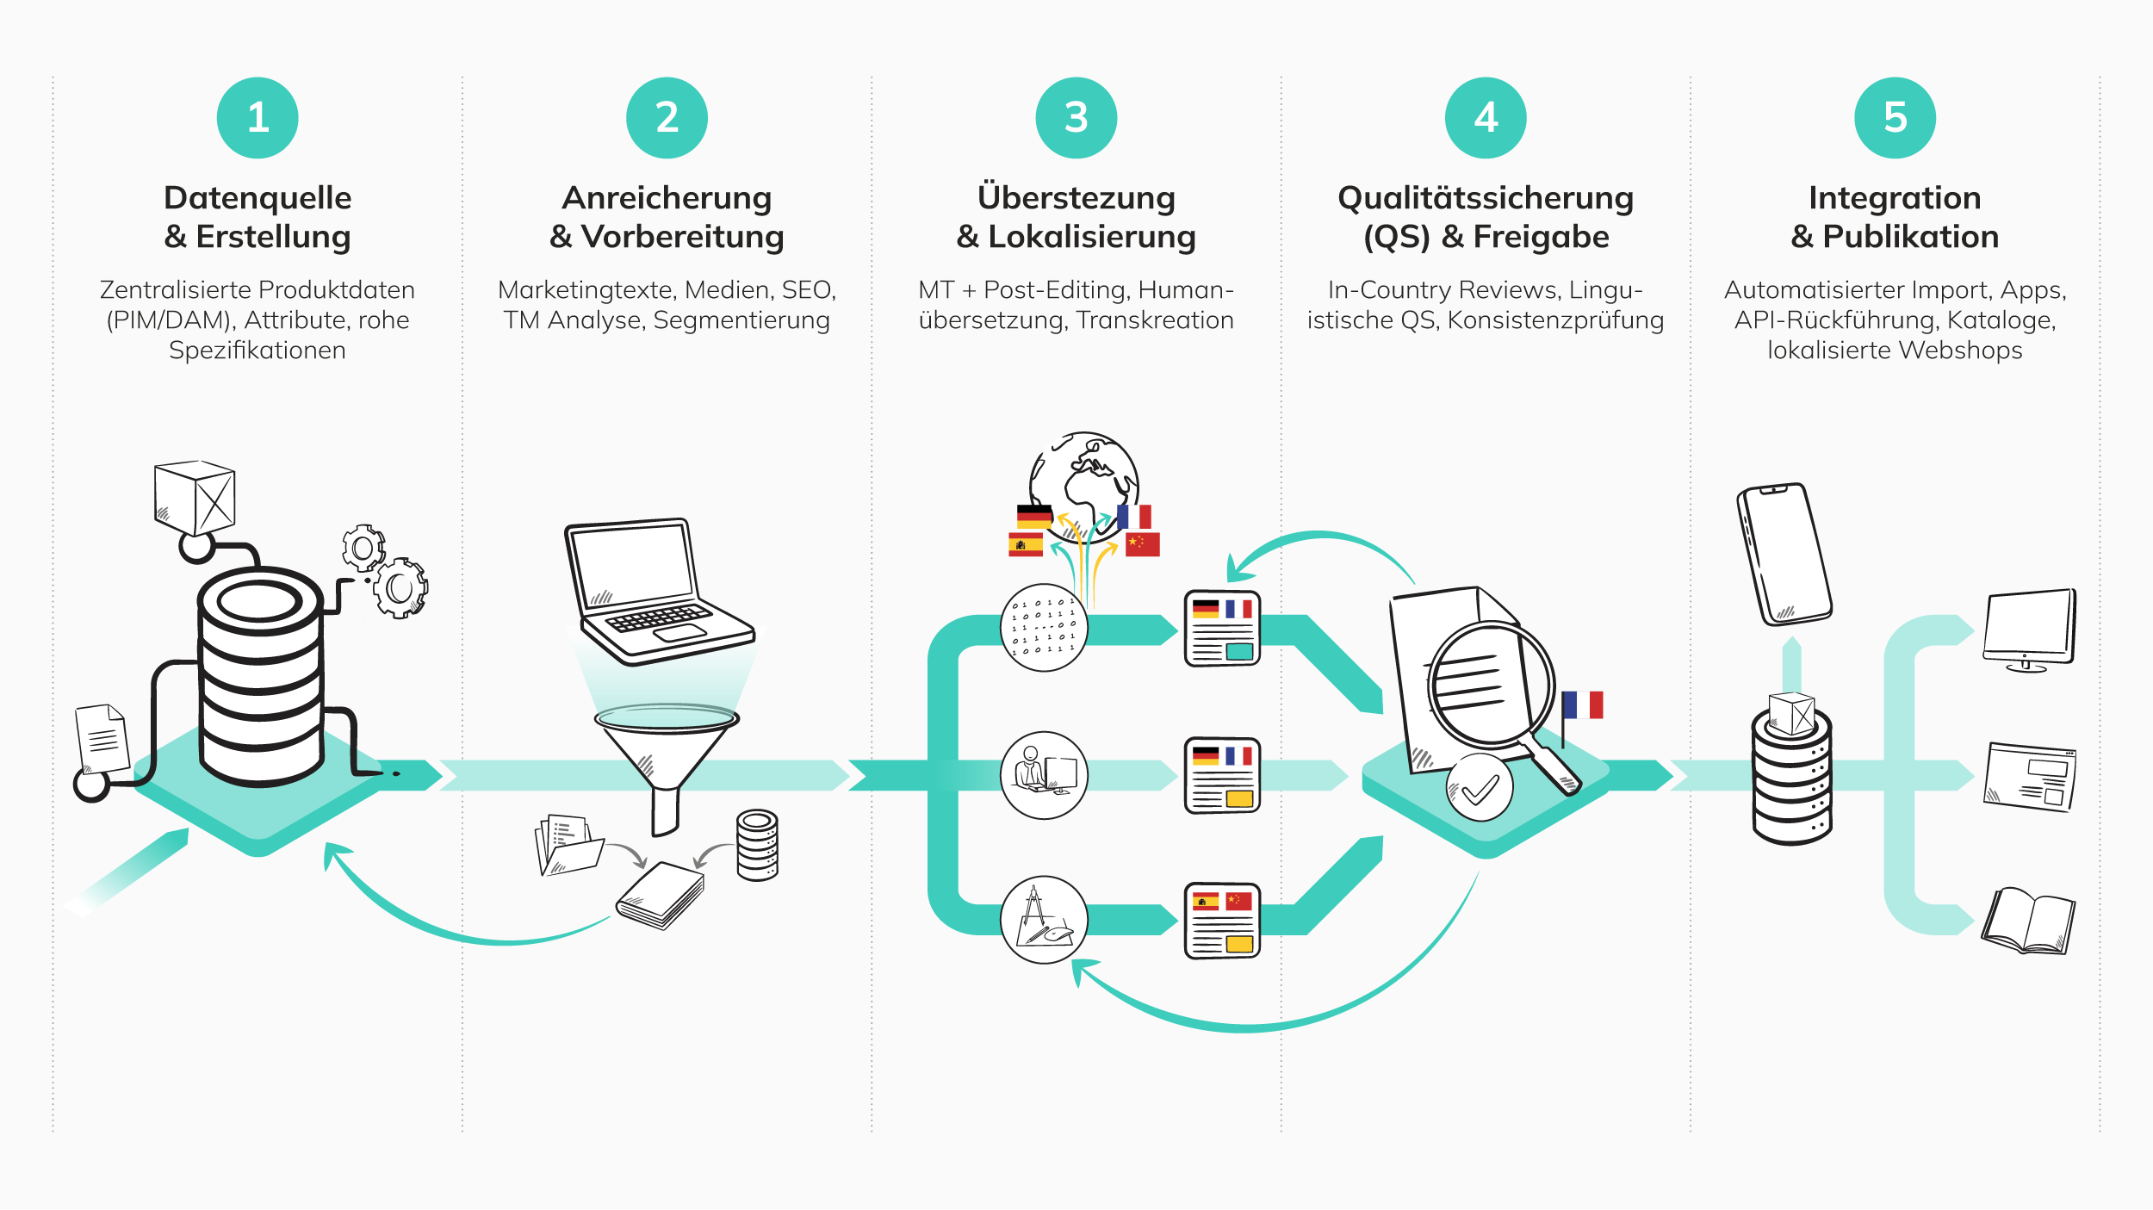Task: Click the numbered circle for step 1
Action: (257, 118)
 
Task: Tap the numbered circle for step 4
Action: (1486, 118)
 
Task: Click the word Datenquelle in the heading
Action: (257, 198)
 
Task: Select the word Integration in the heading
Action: (1895, 198)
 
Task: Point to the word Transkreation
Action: (1155, 320)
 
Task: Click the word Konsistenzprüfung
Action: (1555, 320)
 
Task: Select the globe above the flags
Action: (1085, 478)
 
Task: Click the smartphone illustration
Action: (1784, 554)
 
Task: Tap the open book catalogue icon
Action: (2028, 921)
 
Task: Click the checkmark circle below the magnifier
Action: (1480, 788)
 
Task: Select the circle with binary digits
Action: (1044, 628)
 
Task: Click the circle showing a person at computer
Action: (1044, 775)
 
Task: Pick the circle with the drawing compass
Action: (1044, 920)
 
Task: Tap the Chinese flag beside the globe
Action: (1143, 544)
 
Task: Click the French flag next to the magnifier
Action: (1583, 704)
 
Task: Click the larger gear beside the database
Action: (400, 588)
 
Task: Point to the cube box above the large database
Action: (195, 497)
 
